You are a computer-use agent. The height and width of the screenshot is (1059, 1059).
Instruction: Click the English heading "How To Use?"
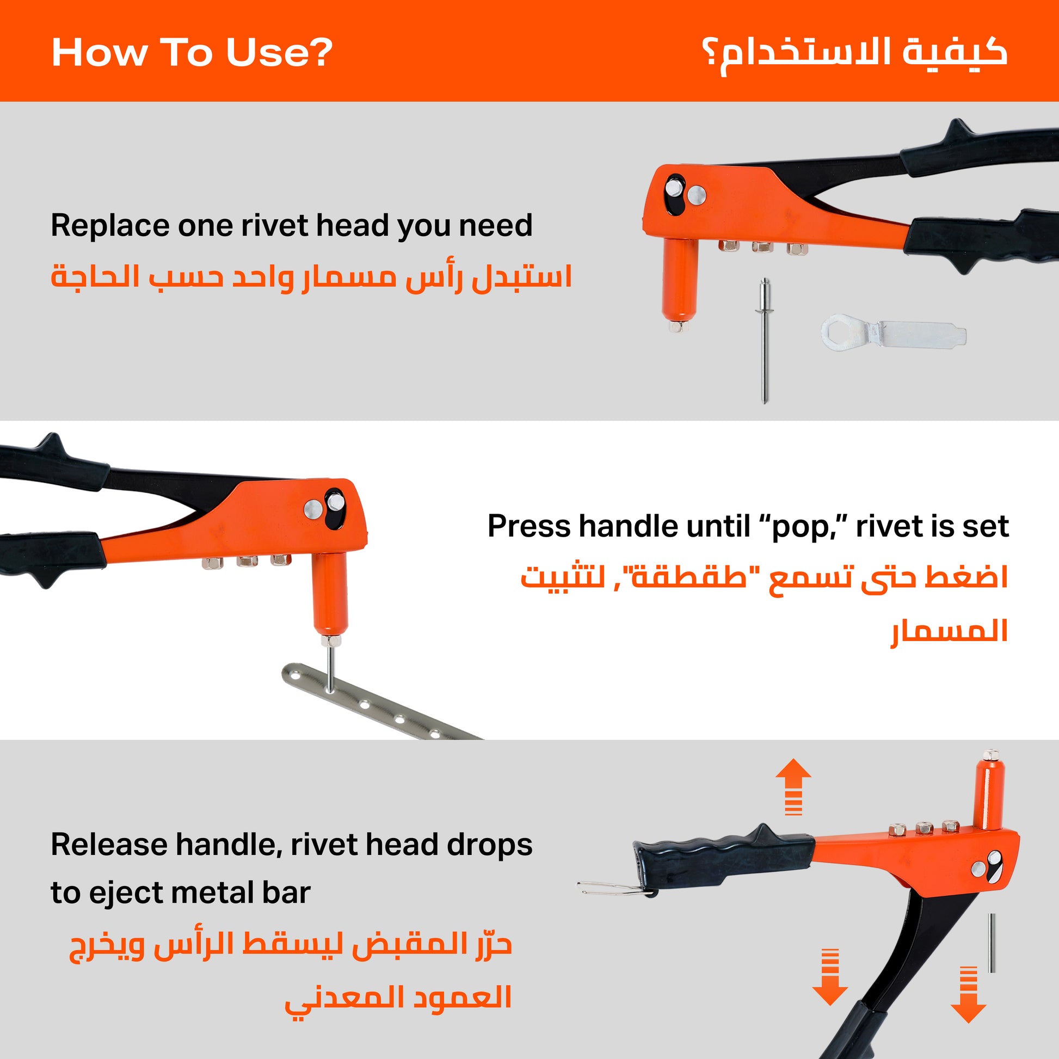[192, 53]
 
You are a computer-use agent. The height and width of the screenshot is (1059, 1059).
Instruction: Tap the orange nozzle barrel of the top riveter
[680, 282]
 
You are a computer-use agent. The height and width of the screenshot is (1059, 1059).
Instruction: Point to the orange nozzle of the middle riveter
[330, 598]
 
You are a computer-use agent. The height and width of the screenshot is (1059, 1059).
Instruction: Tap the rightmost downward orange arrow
[969, 994]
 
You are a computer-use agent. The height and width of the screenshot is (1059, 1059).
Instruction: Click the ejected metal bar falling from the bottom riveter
[992, 943]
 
